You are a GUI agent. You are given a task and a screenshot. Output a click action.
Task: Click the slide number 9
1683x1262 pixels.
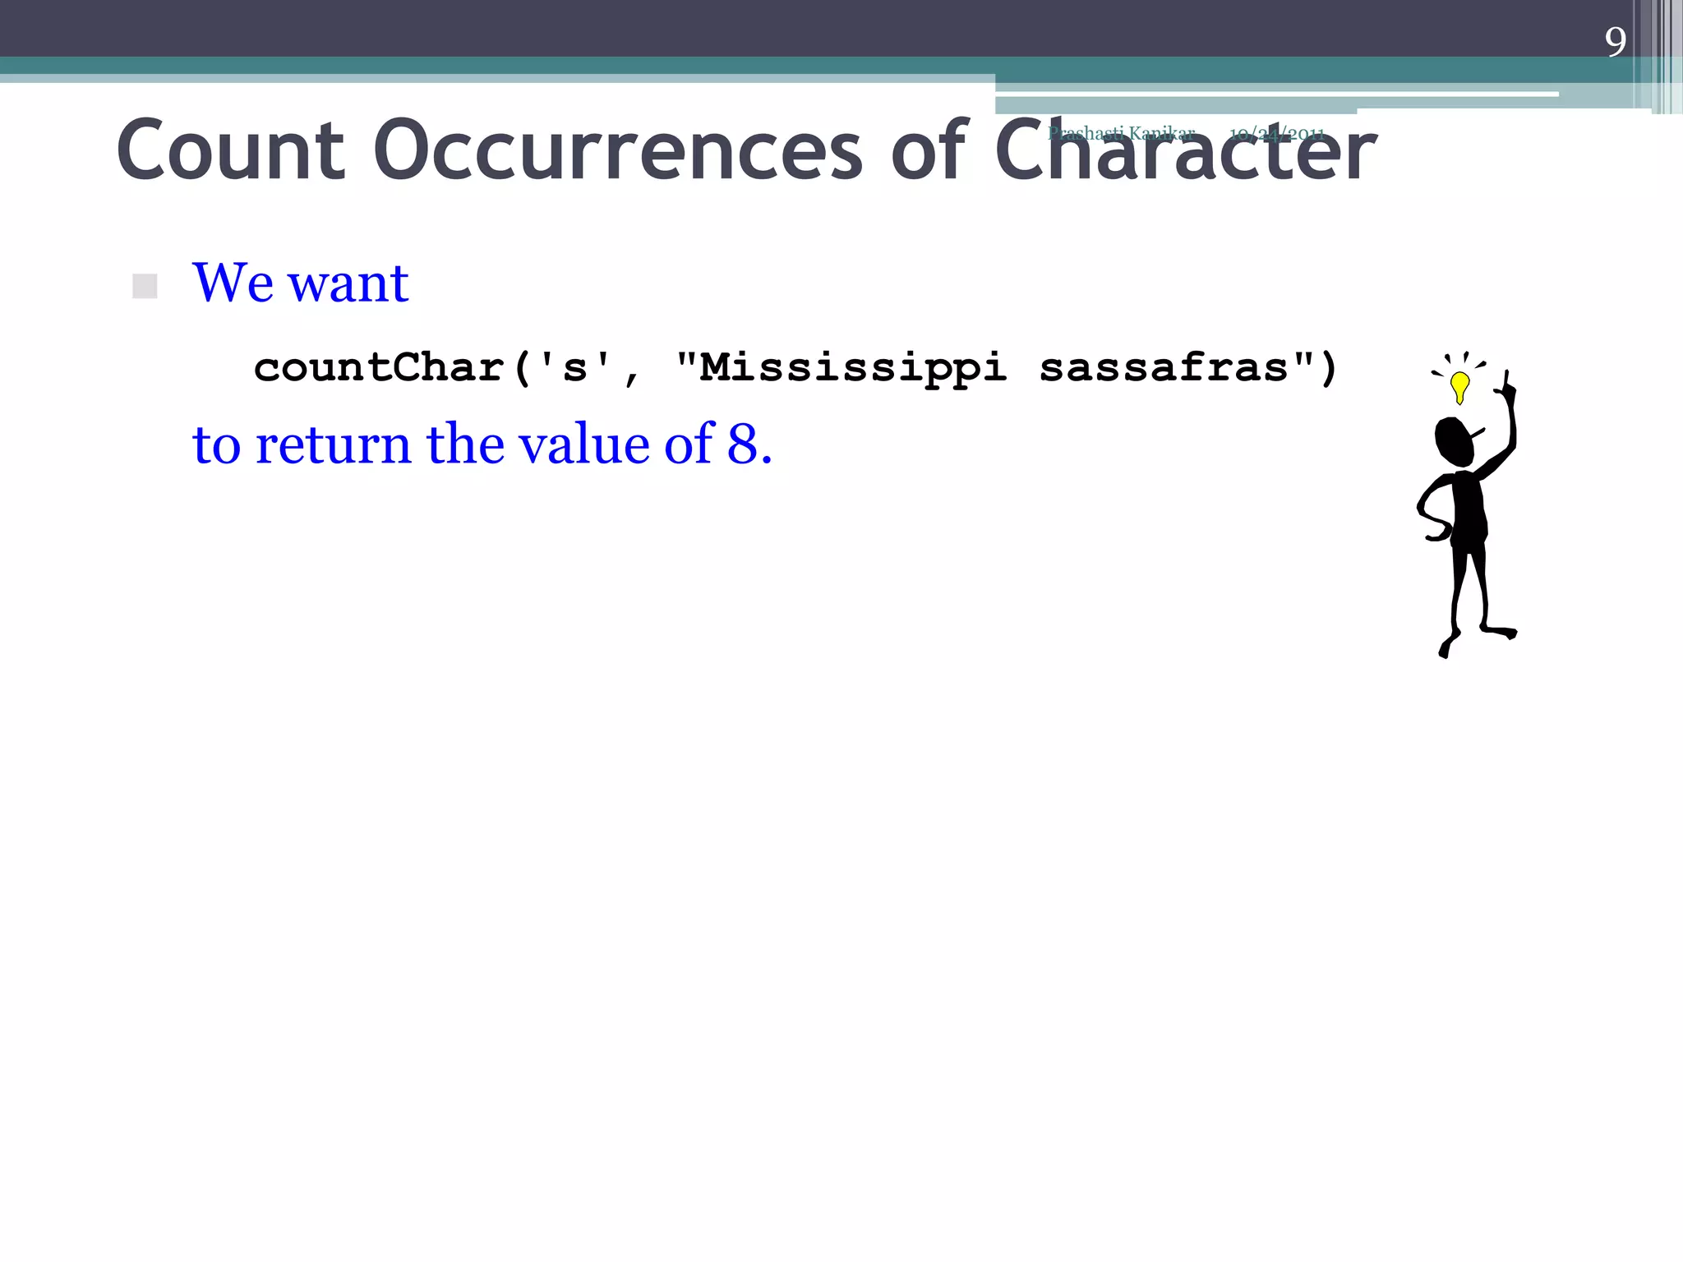[x=1616, y=42]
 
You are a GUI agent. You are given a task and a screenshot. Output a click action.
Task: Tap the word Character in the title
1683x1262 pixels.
[x=1185, y=152]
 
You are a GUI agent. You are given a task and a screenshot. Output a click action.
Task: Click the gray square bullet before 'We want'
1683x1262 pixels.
[x=145, y=286]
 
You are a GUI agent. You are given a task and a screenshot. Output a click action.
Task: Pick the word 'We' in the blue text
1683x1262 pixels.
[x=233, y=283]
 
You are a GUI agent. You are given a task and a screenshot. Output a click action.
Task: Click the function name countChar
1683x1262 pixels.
[x=379, y=367]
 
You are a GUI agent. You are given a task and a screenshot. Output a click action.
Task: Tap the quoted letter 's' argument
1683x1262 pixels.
[x=574, y=367]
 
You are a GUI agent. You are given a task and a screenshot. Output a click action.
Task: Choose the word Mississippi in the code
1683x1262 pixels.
[x=853, y=367]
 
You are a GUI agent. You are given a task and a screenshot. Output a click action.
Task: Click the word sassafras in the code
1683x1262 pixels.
[x=1164, y=367]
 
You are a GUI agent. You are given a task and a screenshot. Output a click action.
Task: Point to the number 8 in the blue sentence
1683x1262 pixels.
[x=742, y=444]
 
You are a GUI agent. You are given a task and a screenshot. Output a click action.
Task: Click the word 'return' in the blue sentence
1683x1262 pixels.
[x=333, y=444]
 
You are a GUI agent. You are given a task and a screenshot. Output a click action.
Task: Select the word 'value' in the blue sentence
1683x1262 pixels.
[x=583, y=444]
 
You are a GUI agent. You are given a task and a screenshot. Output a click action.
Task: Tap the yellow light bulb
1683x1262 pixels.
[x=1459, y=386]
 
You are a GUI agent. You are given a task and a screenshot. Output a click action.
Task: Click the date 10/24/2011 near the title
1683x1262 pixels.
[x=1276, y=134]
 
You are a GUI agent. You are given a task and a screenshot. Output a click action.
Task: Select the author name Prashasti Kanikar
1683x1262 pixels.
[x=1121, y=133]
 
